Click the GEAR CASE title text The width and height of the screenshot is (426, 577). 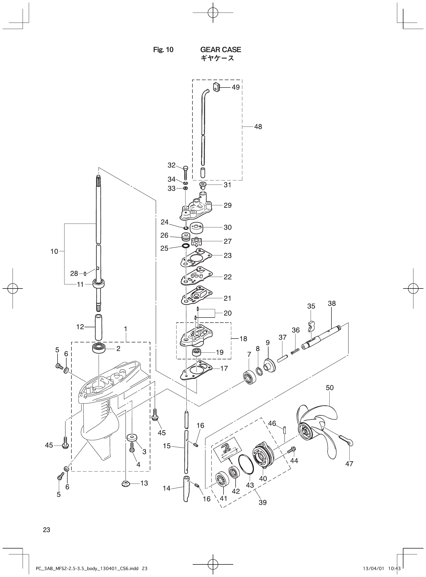coord(220,50)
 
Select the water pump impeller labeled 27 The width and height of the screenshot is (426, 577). coord(197,242)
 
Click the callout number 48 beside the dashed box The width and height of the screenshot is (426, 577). coord(258,127)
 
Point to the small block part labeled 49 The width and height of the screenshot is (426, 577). coord(217,86)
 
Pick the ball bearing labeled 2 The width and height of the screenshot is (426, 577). coord(99,348)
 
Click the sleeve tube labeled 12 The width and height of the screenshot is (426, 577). coord(98,327)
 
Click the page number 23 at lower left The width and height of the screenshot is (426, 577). coord(47,530)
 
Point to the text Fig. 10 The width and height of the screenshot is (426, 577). coord(163,50)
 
